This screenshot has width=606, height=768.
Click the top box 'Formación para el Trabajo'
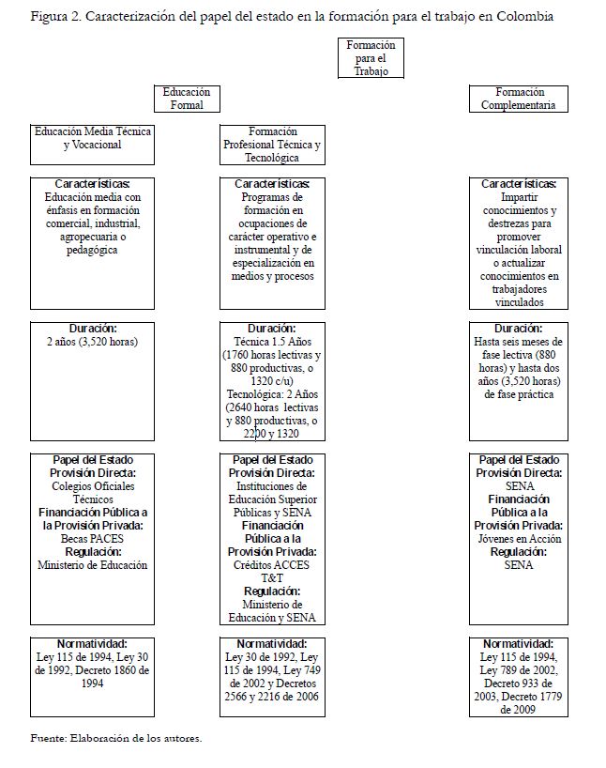click(x=370, y=58)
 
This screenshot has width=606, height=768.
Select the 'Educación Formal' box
click(x=187, y=99)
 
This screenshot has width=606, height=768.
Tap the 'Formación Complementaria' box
click(x=518, y=99)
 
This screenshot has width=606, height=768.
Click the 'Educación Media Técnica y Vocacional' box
click(x=92, y=138)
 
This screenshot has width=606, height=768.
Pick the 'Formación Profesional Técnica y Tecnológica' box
click(x=272, y=146)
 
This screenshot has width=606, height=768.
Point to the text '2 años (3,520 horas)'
click(x=92, y=342)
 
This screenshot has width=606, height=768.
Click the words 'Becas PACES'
click(x=92, y=539)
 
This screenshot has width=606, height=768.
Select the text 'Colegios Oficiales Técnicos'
click(x=92, y=493)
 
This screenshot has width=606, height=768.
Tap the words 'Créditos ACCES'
click(x=272, y=565)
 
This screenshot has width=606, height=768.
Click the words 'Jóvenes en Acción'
click(x=518, y=539)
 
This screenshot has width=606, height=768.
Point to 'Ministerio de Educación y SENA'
click(x=272, y=611)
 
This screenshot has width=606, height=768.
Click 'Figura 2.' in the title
click(x=55, y=17)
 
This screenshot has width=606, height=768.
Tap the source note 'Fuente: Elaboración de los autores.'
click(x=116, y=738)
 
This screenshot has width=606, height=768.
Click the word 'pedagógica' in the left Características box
click(x=92, y=251)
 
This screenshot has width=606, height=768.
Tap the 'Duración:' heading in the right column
click(x=518, y=329)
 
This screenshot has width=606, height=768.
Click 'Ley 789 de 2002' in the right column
click(x=519, y=670)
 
